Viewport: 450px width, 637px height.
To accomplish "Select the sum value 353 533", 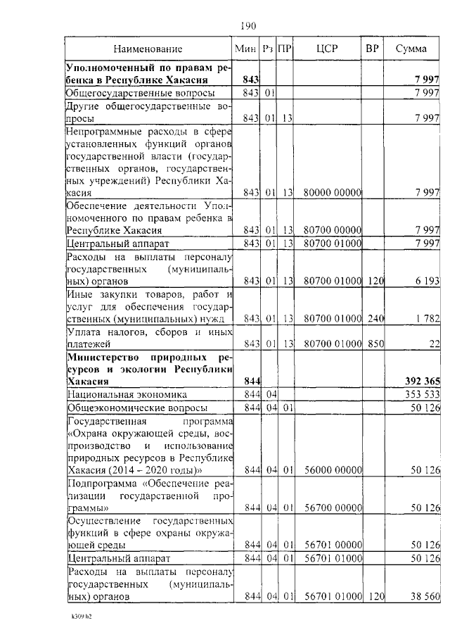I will click(423, 394).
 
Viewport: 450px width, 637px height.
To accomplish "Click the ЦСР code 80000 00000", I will click(332, 193).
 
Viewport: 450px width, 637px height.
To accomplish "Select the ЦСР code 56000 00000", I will click(332, 469).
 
